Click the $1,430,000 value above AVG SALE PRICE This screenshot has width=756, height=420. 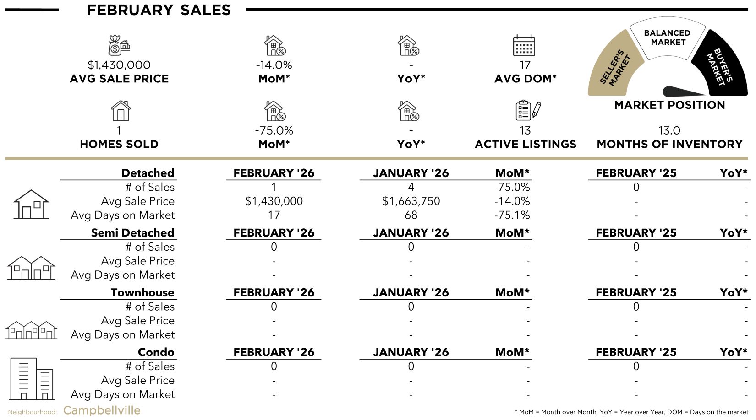pyautogui.click(x=119, y=65)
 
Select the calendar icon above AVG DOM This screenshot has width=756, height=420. pyautogui.click(x=524, y=45)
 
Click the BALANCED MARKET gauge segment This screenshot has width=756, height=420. pyautogui.click(x=668, y=38)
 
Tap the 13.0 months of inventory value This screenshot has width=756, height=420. pyautogui.click(x=669, y=131)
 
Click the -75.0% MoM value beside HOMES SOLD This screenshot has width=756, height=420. pyautogui.click(x=274, y=131)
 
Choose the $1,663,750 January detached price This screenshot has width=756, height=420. pyautogui.click(x=411, y=201)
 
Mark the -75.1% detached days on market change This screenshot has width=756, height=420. pyautogui.click(x=512, y=215)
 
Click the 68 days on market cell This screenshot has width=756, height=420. pyautogui.click(x=411, y=215)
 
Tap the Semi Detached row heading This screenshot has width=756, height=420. pyautogui.click(x=132, y=233)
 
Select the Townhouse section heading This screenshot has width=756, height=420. pyautogui.click(x=142, y=293)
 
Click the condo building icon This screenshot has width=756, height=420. pyautogui.click(x=31, y=378)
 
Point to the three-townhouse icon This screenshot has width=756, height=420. pyautogui.click(x=31, y=329)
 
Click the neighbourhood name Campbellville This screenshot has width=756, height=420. pyautogui.click(x=102, y=410)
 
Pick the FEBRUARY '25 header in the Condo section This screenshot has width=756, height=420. pyautogui.click(x=636, y=352)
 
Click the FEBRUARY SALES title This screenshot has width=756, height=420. pyautogui.click(x=159, y=10)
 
